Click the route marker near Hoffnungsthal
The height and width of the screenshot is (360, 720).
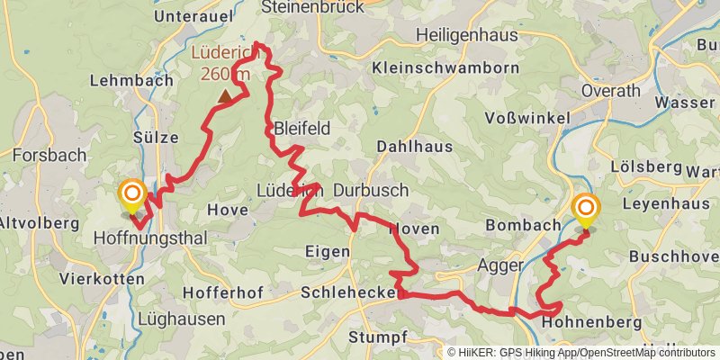132,193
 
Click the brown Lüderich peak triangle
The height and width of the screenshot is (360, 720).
224,94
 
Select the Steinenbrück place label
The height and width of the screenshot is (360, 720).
312,7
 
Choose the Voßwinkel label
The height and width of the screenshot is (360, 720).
527,118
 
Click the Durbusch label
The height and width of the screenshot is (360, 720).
371,191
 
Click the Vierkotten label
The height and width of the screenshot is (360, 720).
102,279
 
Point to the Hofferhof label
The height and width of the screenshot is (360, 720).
223,293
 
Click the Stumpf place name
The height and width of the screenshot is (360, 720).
378,337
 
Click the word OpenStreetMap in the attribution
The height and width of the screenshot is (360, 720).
606,353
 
